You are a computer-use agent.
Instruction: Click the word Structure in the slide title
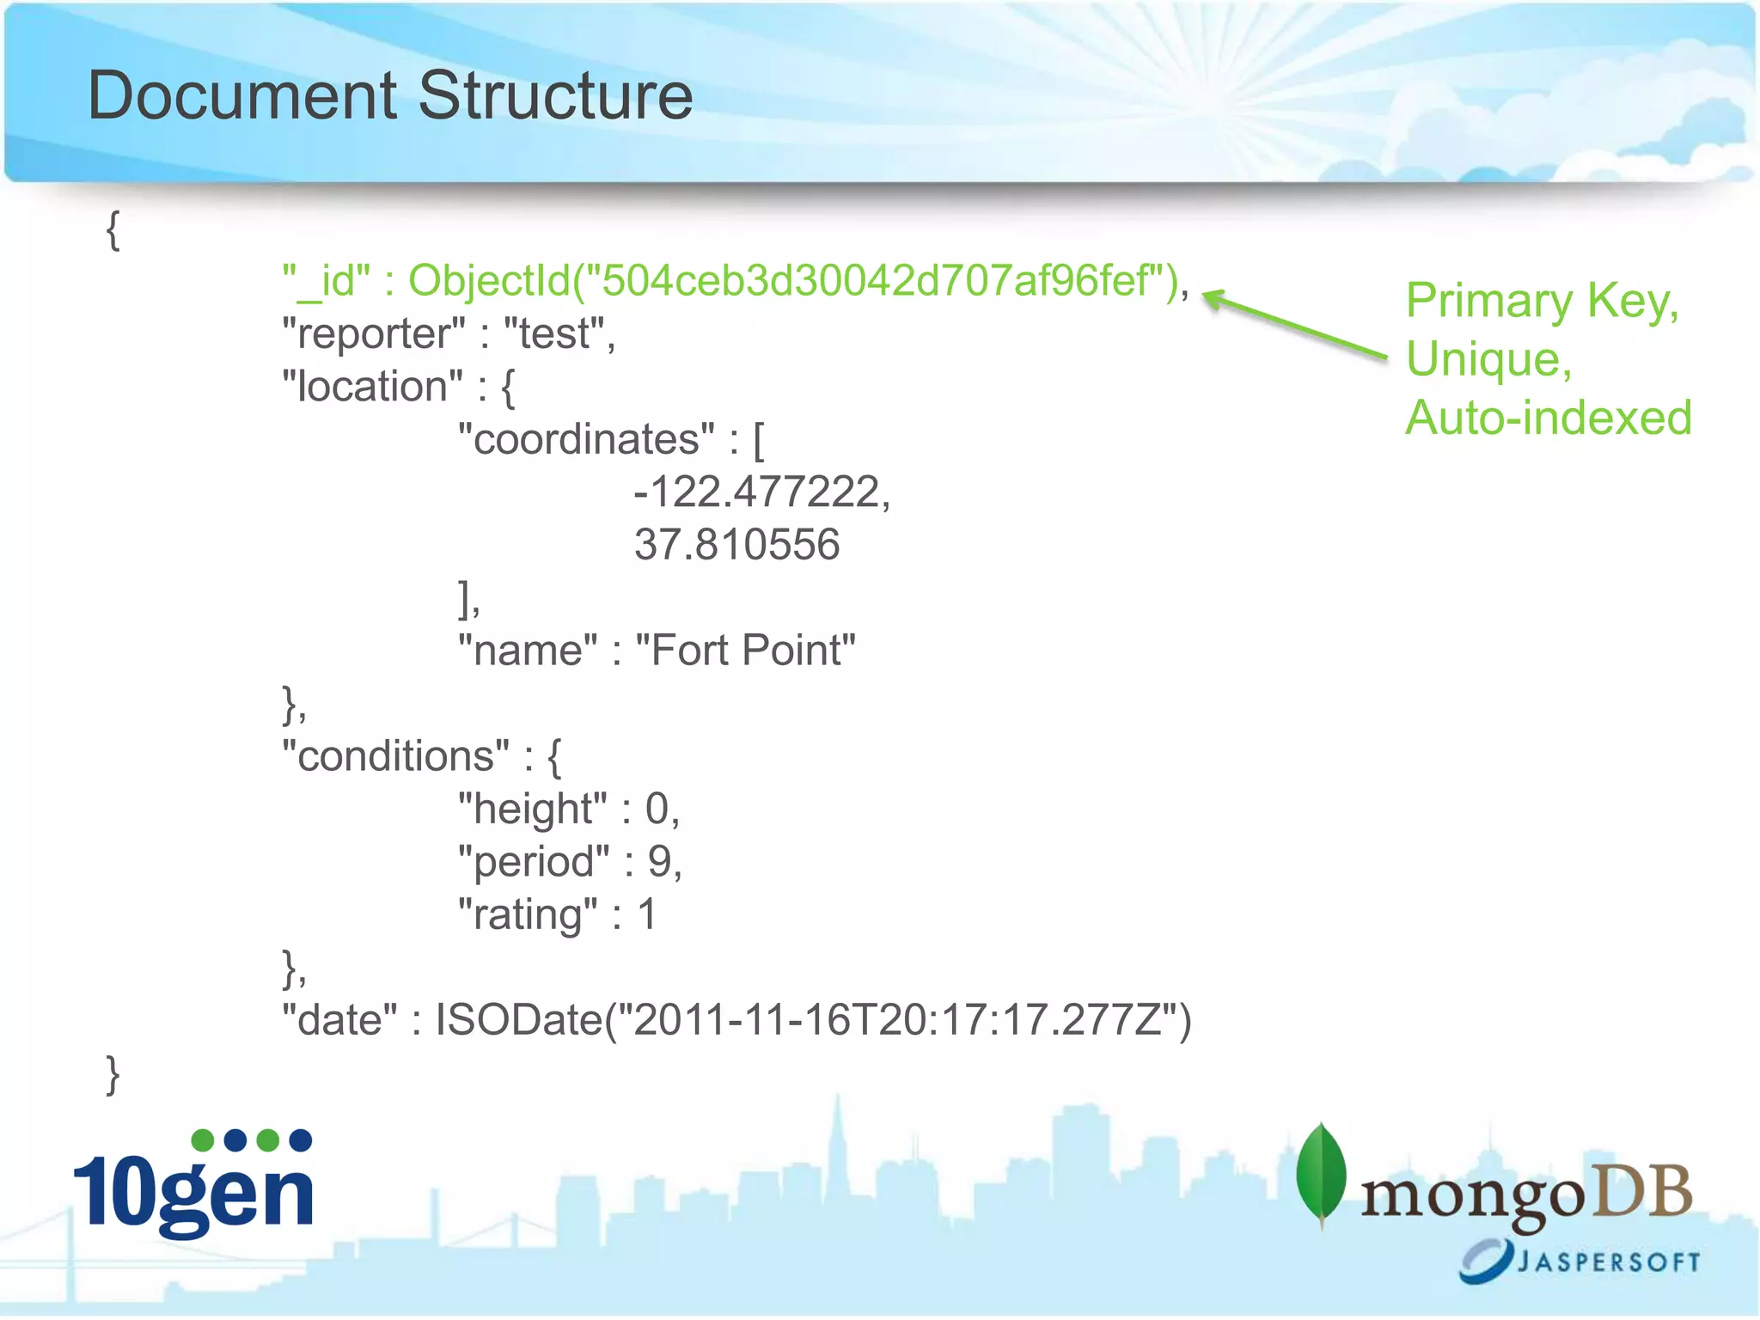pyautogui.click(x=555, y=96)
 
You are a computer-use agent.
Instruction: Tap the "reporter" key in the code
pyautogui.click(x=374, y=334)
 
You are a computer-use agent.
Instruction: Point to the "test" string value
pyautogui.click(x=554, y=334)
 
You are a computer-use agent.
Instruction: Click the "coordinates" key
pyautogui.click(x=586, y=440)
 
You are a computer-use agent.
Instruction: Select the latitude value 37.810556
pyautogui.click(x=736, y=545)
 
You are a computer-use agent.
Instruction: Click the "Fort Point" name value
pyautogui.click(x=745, y=651)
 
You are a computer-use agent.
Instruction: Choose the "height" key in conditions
pyautogui.click(x=532, y=810)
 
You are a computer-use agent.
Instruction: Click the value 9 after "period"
pyautogui.click(x=659, y=862)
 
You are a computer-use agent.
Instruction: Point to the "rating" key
pyautogui.click(x=528, y=915)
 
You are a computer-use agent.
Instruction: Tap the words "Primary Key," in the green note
pyautogui.click(x=1542, y=302)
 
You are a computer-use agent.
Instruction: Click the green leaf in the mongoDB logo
pyautogui.click(x=1321, y=1174)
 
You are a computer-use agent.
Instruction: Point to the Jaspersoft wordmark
pyautogui.click(x=1607, y=1262)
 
